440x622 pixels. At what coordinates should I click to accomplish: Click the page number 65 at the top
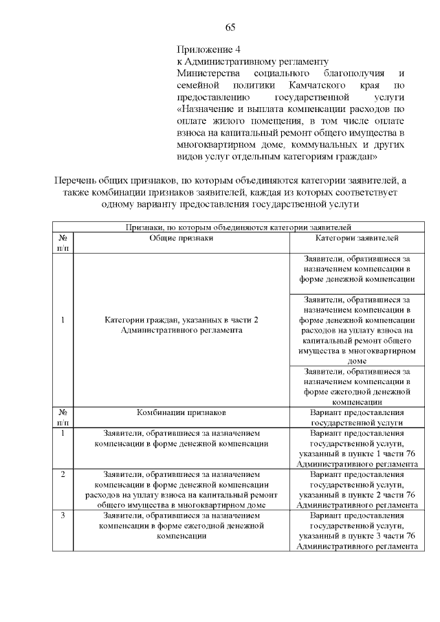click(230, 27)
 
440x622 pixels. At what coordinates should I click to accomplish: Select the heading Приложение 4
click(209, 50)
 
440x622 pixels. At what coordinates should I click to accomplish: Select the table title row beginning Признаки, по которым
click(238, 225)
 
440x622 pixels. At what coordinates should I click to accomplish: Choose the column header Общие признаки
click(181, 237)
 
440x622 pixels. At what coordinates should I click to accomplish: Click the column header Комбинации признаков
click(181, 412)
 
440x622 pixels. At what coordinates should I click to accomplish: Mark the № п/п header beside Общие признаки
click(63, 242)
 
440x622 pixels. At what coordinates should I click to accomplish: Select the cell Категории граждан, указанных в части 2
click(181, 325)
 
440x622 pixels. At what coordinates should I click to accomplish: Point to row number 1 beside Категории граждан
click(63, 320)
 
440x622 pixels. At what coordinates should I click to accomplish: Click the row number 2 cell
click(63, 474)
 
